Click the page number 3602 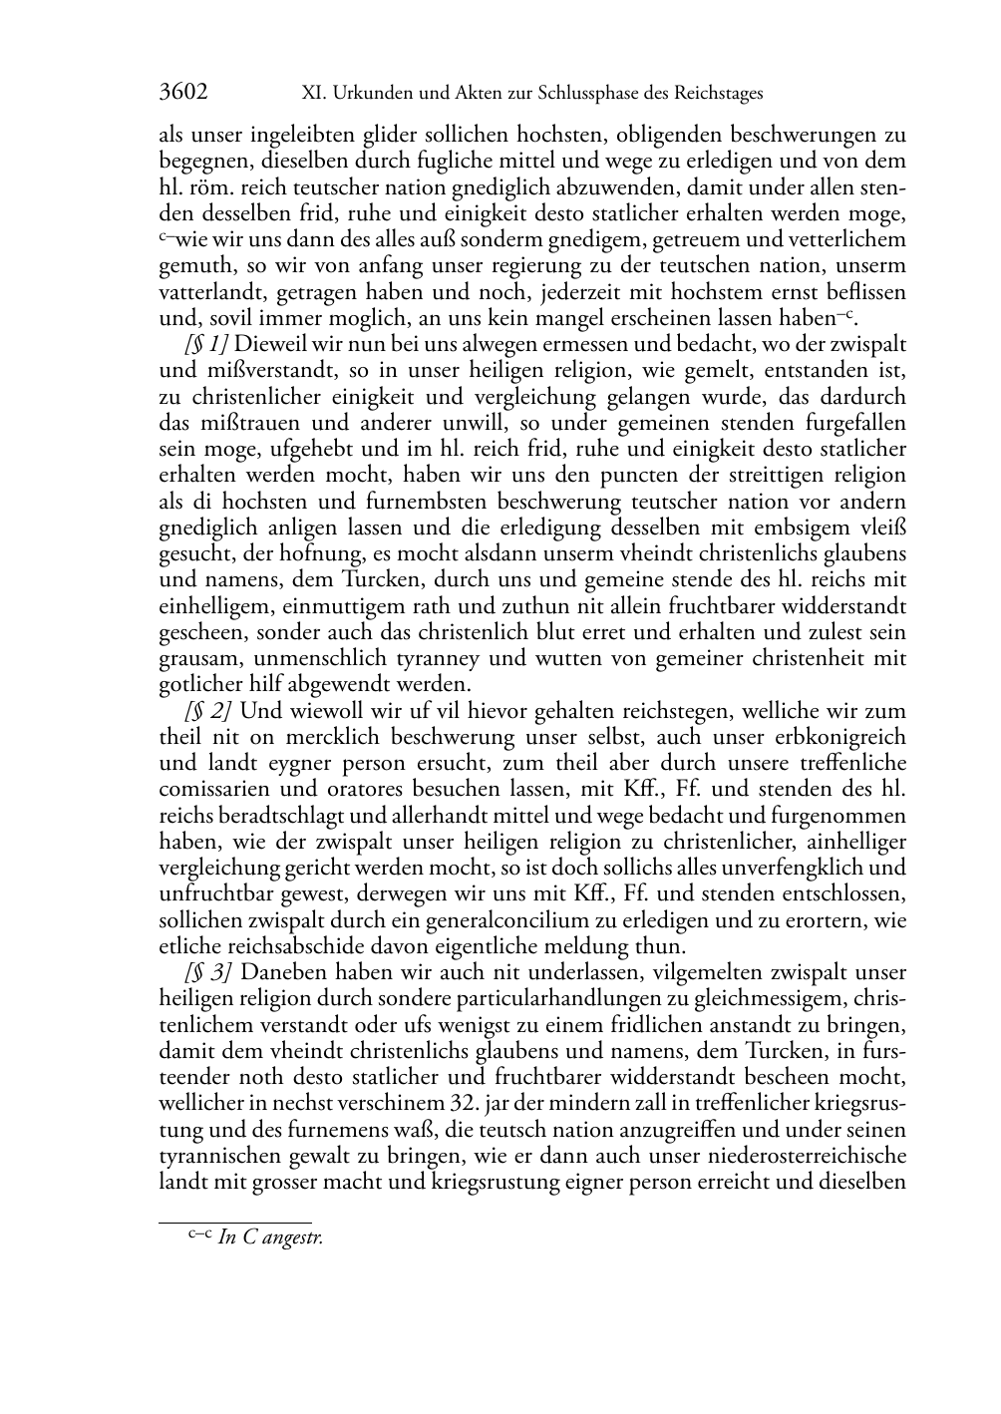tap(183, 94)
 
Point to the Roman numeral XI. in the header tap(313, 94)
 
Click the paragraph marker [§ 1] tap(204, 344)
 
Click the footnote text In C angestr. tap(270, 1238)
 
